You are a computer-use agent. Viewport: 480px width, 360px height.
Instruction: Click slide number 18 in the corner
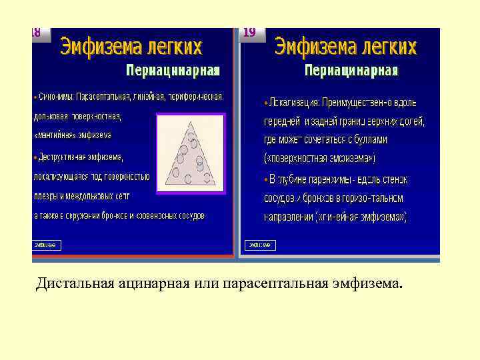pyautogui.click(x=37, y=33)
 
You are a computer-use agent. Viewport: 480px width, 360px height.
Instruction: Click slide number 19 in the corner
pyautogui.click(x=249, y=33)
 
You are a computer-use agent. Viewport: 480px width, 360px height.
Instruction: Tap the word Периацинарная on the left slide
pyautogui.click(x=173, y=70)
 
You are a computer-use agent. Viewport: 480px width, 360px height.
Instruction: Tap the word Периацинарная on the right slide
pyautogui.click(x=351, y=70)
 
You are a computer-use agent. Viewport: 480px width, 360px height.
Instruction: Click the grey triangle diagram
pyautogui.click(x=191, y=153)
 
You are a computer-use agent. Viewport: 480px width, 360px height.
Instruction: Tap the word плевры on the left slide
pyautogui.click(x=47, y=196)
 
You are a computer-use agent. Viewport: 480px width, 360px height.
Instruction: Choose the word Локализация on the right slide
pyautogui.click(x=293, y=103)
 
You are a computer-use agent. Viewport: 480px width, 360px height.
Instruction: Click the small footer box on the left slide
pyautogui.click(x=47, y=245)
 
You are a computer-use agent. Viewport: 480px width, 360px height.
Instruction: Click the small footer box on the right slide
pyautogui.click(x=260, y=245)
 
